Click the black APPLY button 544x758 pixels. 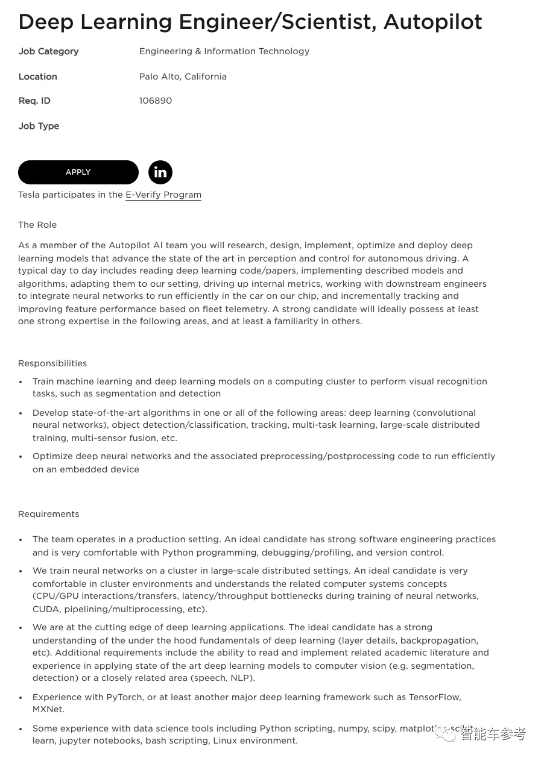(x=78, y=172)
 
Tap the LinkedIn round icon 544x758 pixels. (x=160, y=172)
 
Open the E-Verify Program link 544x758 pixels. (x=163, y=195)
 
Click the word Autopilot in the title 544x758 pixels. (x=432, y=22)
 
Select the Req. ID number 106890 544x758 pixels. (x=156, y=101)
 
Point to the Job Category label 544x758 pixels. (x=48, y=51)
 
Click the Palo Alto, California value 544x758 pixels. (x=183, y=77)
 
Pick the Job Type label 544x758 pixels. (x=39, y=126)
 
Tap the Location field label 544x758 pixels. (x=37, y=77)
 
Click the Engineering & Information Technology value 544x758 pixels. (x=224, y=51)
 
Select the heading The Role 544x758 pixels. (x=37, y=225)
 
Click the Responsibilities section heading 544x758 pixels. (x=52, y=363)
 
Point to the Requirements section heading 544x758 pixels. (x=49, y=514)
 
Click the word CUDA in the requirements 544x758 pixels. (x=46, y=609)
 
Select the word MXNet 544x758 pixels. (x=48, y=709)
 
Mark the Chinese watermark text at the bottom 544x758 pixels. (x=493, y=734)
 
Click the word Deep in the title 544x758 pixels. (x=46, y=22)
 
